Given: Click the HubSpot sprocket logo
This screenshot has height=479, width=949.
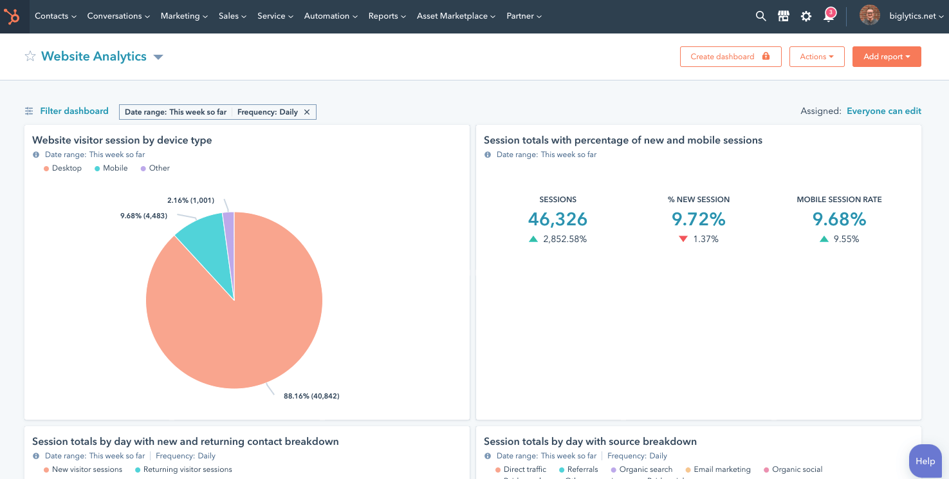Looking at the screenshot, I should pyautogui.click(x=12, y=16).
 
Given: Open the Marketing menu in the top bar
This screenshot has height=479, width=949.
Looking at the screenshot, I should pyautogui.click(x=183, y=16).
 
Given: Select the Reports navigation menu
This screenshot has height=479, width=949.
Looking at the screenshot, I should pyautogui.click(x=387, y=16).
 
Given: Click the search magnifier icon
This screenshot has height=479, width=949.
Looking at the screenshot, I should pyautogui.click(x=760, y=16).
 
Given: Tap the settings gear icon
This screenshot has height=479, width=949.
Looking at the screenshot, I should pyautogui.click(x=806, y=16).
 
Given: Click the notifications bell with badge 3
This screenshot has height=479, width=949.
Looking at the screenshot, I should pyautogui.click(x=829, y=16).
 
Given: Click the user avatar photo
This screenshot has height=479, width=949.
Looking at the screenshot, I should pyautogui.click(x=870, y=15).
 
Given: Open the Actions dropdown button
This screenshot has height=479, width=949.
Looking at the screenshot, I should pyautogui.click(x=816, y=57).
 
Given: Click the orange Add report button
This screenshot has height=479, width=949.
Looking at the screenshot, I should pyautogui.click(x=886, y=57).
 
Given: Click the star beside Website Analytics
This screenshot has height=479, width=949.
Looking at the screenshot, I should pyautogui.click(x=30, y=57).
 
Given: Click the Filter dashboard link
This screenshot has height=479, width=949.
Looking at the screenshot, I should pyautogui.click(x=74, y=111).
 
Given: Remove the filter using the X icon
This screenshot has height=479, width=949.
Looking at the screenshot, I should pyautogui.click(x=307, y=112).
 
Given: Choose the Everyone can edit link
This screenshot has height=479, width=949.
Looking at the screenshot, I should pyautogui.click(x=883, y=111).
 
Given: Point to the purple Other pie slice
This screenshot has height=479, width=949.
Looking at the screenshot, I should pyautogui.click(x=229, y=222).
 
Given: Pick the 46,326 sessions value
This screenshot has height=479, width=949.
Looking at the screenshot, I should pyautogui.click(x=557, y=220).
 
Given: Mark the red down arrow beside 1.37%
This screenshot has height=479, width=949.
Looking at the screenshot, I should pyautogui.click(x=683, y=239).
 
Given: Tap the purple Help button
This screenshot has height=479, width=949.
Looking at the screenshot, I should pyautogui.click(x=925, y=461).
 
